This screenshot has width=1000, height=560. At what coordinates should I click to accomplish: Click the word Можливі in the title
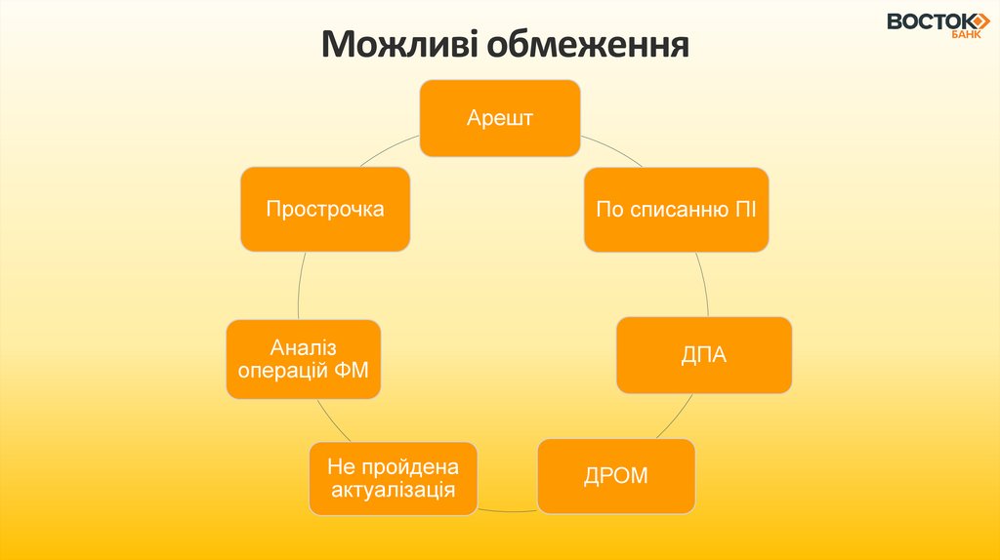399,44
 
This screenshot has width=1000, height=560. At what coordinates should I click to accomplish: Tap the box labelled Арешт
500,118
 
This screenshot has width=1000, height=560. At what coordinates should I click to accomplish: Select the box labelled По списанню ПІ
677,210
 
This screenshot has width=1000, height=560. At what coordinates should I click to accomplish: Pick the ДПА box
703,355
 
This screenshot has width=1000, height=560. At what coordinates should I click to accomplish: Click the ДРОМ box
616,476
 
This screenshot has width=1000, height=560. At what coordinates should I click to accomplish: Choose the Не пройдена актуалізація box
394,478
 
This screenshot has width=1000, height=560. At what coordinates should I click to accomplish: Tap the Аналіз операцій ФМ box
304,358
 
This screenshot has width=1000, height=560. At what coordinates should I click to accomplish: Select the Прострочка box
325,209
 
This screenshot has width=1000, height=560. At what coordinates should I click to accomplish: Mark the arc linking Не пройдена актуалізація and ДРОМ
508,509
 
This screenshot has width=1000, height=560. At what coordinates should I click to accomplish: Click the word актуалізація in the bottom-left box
394,489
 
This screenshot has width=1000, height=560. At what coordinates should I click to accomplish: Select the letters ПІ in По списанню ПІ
746,210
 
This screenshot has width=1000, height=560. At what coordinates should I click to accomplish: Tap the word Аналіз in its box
304,346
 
